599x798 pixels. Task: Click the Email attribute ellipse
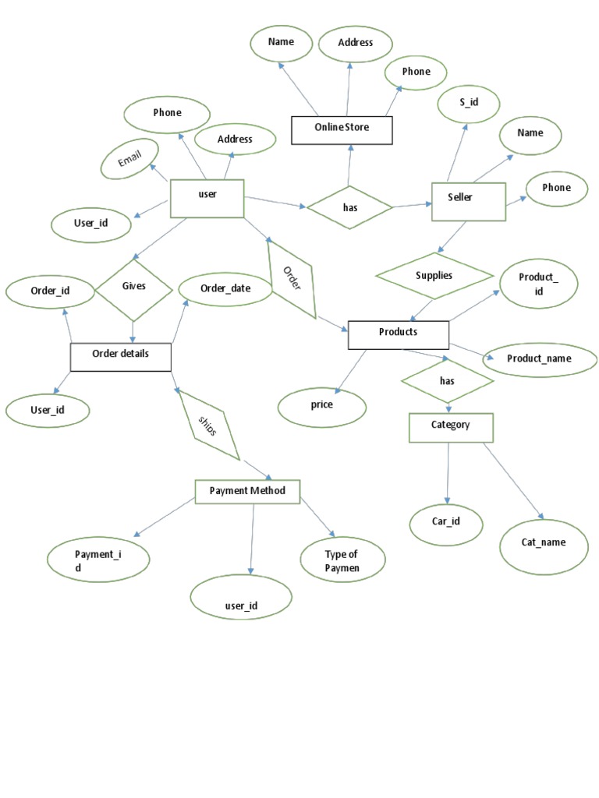point(129,159)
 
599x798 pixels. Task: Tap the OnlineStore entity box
point(342,130)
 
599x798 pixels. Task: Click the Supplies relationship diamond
point(434,276)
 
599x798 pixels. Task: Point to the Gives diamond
point(134,288)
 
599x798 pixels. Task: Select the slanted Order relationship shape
point(292,278)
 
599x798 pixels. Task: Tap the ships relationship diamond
point(208,425)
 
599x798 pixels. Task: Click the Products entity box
point(398,334)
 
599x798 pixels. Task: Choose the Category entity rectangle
point(451,426)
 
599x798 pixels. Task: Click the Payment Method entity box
point(247,491)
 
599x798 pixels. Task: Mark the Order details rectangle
point(120,355)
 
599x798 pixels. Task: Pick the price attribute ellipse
point(321,406)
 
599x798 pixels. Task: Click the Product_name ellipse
point(538,359)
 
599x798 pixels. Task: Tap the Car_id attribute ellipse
point(446,522)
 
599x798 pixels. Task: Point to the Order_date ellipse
point(225,290)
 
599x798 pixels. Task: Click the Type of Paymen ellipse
point(342,560)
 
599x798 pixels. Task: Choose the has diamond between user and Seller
point(349,207)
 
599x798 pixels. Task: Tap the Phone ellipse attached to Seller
point(556,189)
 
